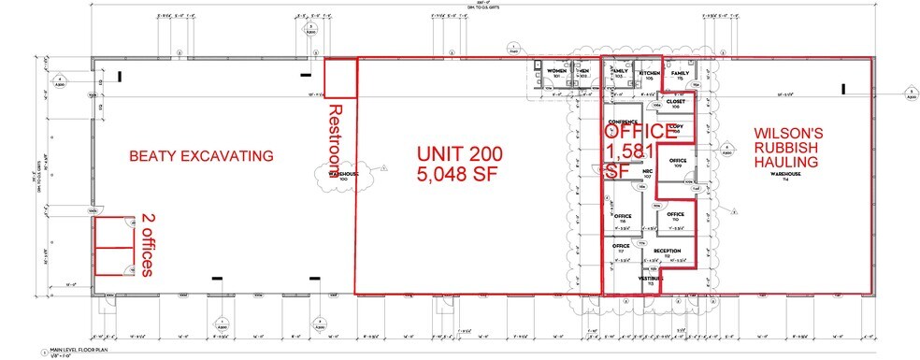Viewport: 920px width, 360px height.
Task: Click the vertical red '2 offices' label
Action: (x=147, y=245)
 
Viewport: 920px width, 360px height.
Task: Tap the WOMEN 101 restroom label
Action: (x=557, y=74)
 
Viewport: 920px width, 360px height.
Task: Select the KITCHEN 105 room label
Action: (x=649, y=74)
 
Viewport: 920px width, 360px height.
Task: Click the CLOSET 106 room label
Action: (x=676, y=105)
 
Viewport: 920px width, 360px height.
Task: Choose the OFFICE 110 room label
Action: (x=676, y=217)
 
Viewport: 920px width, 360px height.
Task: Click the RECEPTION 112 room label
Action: (x=666, y=252)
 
